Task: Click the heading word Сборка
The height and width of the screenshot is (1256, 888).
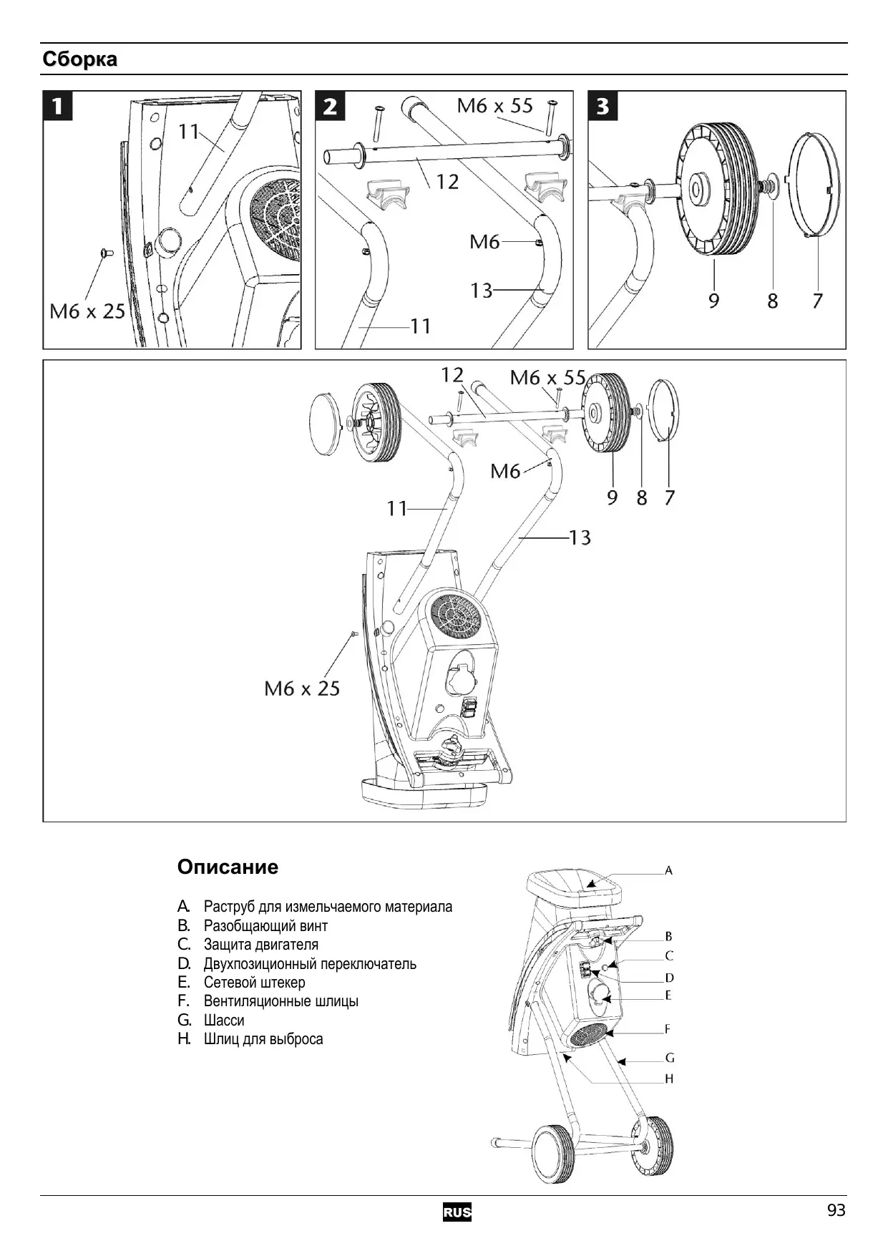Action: pos(79,59)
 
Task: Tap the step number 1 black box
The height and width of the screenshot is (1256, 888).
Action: pos(58,106)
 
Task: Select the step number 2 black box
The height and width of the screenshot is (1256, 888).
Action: pos(330,106)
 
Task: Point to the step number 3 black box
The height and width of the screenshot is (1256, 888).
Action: pos(602,106)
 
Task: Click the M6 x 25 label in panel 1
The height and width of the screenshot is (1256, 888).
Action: pos(87,311)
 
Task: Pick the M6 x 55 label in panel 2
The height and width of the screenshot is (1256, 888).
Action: pos(494,106)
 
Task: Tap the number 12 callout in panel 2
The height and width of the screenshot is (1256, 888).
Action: pos(447,182)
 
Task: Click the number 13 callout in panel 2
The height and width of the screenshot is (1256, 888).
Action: pos(481,291)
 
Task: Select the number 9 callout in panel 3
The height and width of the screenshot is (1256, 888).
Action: pos(713,301)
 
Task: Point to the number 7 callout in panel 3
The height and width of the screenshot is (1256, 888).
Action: pos(817,301)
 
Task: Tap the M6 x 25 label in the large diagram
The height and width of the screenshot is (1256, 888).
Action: pos(302,688)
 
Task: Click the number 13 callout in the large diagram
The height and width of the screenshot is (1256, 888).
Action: pos(580,537)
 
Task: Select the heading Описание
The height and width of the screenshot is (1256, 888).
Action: pos(228,867)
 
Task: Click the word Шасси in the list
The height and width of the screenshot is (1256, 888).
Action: pos(224,1020)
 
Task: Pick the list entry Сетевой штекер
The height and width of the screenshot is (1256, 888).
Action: pos(254,983)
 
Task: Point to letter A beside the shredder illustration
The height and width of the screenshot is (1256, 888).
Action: pos(668,871)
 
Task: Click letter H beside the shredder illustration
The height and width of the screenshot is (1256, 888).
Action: pos(669,1079)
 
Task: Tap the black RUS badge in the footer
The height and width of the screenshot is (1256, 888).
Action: pos(457,1212)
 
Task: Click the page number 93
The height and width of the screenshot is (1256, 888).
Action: pos(836,1210)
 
